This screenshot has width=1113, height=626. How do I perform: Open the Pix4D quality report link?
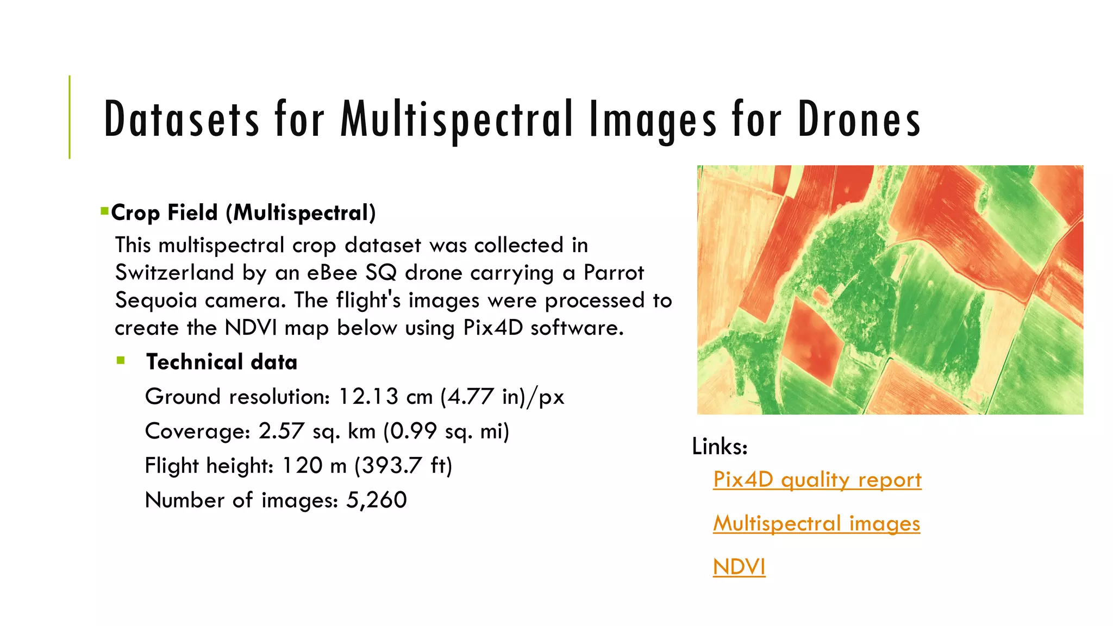pos(817,480)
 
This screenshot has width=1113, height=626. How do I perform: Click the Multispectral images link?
pos(816,523)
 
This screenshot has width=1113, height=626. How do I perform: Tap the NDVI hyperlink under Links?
pos(739,567)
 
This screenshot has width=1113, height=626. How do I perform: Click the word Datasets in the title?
pos(182,119)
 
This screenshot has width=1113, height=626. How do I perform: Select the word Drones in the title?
pos(859,119)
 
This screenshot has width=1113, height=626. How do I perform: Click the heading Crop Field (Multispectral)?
pos(243,212)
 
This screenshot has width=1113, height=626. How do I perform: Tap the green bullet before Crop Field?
pos(104,210)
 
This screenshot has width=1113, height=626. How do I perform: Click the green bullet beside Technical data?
pos(121,360)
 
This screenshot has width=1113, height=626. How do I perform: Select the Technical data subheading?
pos(222,362)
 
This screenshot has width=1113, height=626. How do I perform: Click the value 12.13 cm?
pos(385,397)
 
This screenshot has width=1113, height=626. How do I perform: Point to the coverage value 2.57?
pos(280,431)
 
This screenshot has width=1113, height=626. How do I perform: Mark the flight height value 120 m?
pos(314,466)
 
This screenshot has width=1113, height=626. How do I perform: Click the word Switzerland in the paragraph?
pos(174,272)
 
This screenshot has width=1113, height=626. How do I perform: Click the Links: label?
pos(720,447)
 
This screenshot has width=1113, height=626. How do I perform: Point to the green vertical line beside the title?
pos(70,117)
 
